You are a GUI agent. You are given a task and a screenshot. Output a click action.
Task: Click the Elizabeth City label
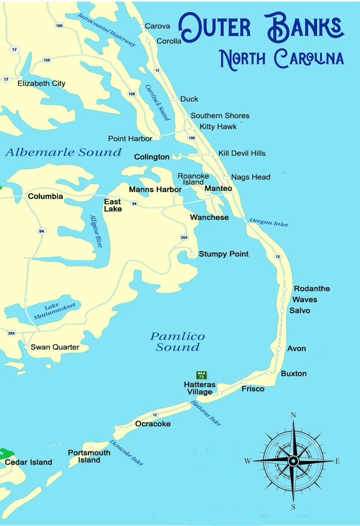(41, 83)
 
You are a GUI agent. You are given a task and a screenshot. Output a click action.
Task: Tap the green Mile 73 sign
(201, 375)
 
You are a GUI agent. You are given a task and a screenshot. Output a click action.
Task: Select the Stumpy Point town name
(224, 254)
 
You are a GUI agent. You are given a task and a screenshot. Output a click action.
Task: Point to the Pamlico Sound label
(177, 342)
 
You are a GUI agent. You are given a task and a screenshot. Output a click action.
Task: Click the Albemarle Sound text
(63, 152)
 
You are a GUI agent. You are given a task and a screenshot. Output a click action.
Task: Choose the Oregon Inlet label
(268, 222)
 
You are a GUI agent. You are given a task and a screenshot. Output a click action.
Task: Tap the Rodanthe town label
(312, 289)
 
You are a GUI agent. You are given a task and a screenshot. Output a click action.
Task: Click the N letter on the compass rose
(293, 415)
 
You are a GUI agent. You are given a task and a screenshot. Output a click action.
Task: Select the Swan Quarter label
(55, 347)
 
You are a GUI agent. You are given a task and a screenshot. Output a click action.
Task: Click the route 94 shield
(42, 232)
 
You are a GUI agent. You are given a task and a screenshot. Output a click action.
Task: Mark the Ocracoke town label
(153, 424)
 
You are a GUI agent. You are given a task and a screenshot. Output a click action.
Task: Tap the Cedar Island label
(29, 462)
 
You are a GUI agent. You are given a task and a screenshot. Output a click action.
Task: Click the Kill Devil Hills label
(242, 154)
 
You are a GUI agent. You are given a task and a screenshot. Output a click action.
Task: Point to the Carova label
(157, 26)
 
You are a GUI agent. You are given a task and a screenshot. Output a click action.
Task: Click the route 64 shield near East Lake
(134, 204)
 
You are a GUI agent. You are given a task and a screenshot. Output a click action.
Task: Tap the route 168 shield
(59, 26)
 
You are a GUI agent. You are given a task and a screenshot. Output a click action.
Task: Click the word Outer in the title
(214, 26)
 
